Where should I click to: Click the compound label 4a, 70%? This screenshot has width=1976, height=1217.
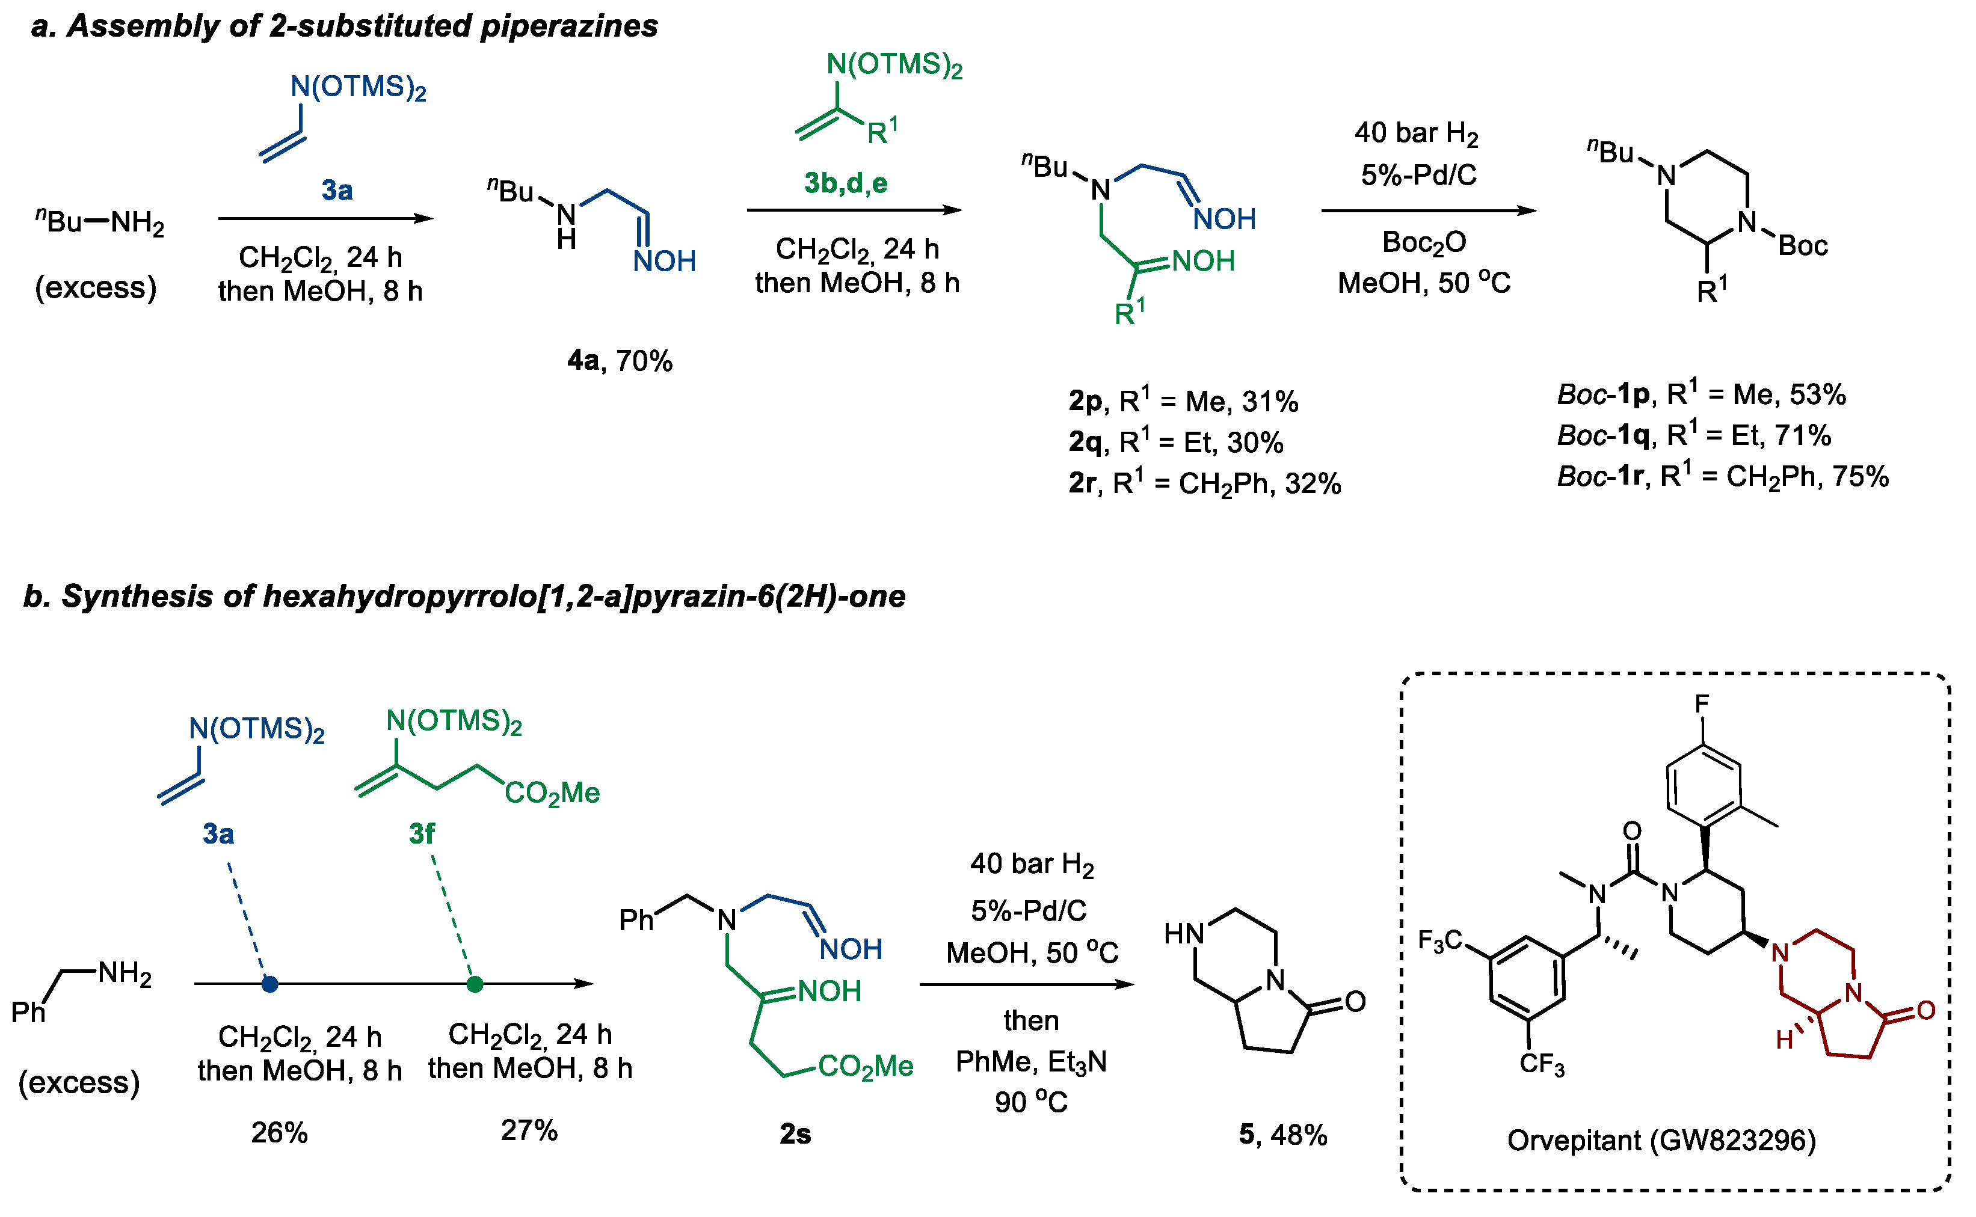[619, 361]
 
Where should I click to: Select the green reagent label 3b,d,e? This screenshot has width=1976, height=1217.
[846, 183]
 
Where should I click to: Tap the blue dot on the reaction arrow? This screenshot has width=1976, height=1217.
[269, 984]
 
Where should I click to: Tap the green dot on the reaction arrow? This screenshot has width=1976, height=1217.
[475, 984]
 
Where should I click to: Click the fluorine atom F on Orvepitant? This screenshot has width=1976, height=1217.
[1702, 704]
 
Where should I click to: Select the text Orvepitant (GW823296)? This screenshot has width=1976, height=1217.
[1661, 1141]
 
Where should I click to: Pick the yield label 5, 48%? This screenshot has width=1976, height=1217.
[1282, 1135]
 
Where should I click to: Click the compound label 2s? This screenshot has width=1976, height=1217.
[795, 1134]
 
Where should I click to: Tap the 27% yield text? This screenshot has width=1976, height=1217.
[529, 1131]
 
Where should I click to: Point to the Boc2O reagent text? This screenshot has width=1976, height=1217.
[1424, 242]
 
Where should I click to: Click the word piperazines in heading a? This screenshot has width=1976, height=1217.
[568, 26]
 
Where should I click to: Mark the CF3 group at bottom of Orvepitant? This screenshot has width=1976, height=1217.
[1541, 1064]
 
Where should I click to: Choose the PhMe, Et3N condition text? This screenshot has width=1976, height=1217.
[1030, 1062]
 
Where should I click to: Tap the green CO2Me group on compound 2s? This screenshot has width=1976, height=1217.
[866, 1067]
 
